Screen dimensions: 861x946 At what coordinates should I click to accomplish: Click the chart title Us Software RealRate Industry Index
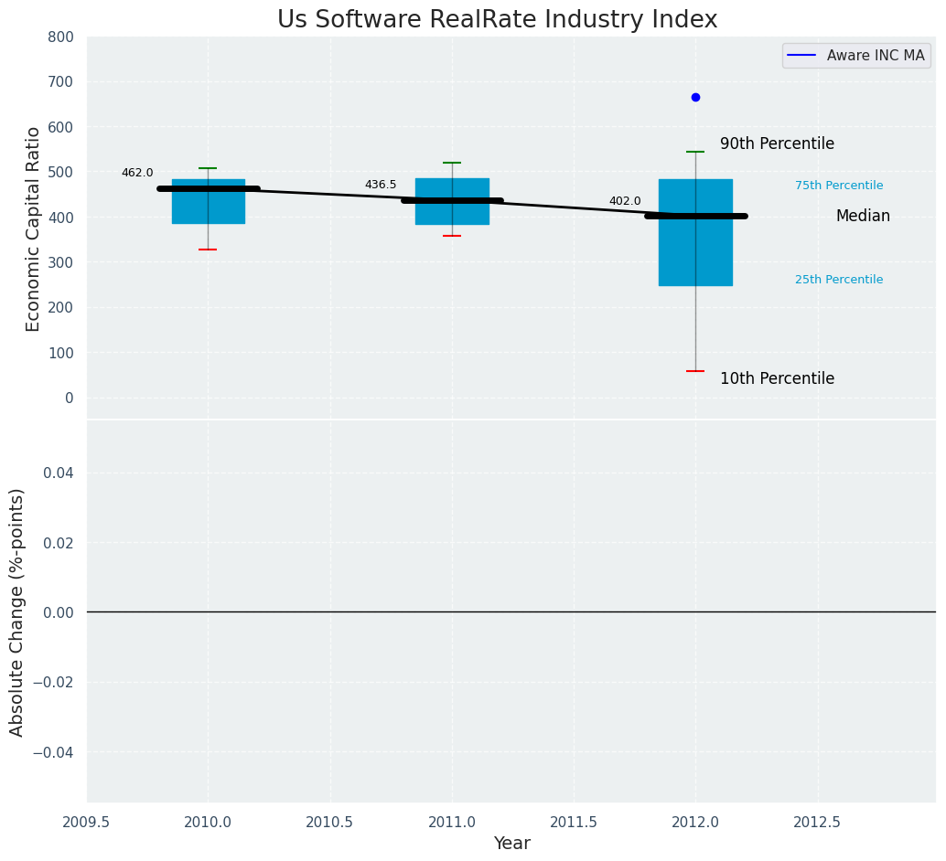(497, 20)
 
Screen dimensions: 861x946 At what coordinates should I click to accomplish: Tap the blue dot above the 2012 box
(695, 97)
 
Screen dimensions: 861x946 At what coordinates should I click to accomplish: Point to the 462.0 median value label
(137, 173)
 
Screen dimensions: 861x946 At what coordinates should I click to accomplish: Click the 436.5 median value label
(381, 185)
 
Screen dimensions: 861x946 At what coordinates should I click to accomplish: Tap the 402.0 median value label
(625, 201)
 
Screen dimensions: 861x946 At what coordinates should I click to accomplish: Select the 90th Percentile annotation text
(777, 144)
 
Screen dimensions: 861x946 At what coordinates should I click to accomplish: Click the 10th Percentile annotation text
(777, 378)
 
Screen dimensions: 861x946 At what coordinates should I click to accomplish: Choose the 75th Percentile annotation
(839, 186)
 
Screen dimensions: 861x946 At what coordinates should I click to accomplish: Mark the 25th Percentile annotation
(839, 280)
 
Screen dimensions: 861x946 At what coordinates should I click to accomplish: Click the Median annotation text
(863, 217)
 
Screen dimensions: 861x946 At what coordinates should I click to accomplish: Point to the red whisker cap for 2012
(695, 371)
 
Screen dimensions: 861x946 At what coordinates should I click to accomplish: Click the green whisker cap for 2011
(452, 163)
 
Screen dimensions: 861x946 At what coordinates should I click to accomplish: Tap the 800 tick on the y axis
(61, 37)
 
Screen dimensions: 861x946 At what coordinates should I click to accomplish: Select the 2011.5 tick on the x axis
(574, 822)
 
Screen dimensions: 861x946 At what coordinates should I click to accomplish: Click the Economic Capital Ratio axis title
(33, 229)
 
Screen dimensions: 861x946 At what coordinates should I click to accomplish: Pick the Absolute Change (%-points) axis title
(17, 611)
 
